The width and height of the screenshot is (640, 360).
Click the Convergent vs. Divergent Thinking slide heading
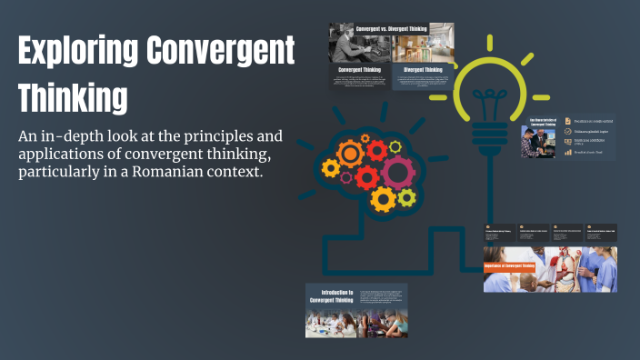pyautogui.click(x=391, y=29)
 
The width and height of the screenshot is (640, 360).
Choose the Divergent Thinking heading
pyautogui.click(x=423, y=69)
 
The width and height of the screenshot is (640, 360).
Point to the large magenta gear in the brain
pyautogui.click(x=397, y=171)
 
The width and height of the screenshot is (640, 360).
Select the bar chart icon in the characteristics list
pyautogui.click(x=567, y=153)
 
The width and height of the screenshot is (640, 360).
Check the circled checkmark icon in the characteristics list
pyautogui.click(x=567, y=132)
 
